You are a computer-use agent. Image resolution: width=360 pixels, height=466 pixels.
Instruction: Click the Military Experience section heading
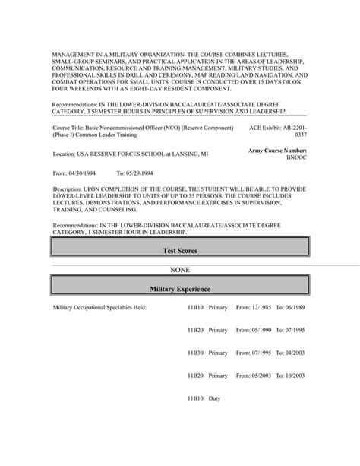pyautogui.click(x=179, y=290)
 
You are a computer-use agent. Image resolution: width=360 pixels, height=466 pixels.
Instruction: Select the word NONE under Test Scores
pyautogui.click(x=179, y=269)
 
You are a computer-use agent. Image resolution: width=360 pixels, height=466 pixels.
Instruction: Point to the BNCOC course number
pyautogui.click(x=295, y=161)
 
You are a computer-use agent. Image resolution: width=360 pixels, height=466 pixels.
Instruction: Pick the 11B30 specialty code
pyautogui.click(x=195, y=353)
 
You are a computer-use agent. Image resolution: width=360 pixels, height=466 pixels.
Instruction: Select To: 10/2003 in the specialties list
pyautogui.click(x=290, y=375)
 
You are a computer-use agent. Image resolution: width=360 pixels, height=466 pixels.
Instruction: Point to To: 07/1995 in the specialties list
pyautogui.click(x=290, y=330)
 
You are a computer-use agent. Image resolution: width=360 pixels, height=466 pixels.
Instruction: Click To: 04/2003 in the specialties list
pyautogui.click(x=290, y=353)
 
